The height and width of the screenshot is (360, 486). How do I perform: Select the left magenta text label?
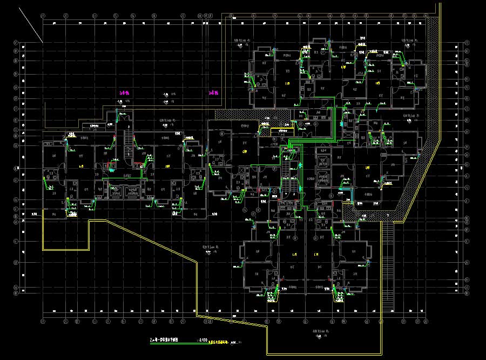pyautogui.click(x=124, y=93)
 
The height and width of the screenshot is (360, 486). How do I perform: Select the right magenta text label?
pyautogui.click(x=213, y=93)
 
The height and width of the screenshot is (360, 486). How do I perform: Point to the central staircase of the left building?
pyautogui.click(x=128, y=142)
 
